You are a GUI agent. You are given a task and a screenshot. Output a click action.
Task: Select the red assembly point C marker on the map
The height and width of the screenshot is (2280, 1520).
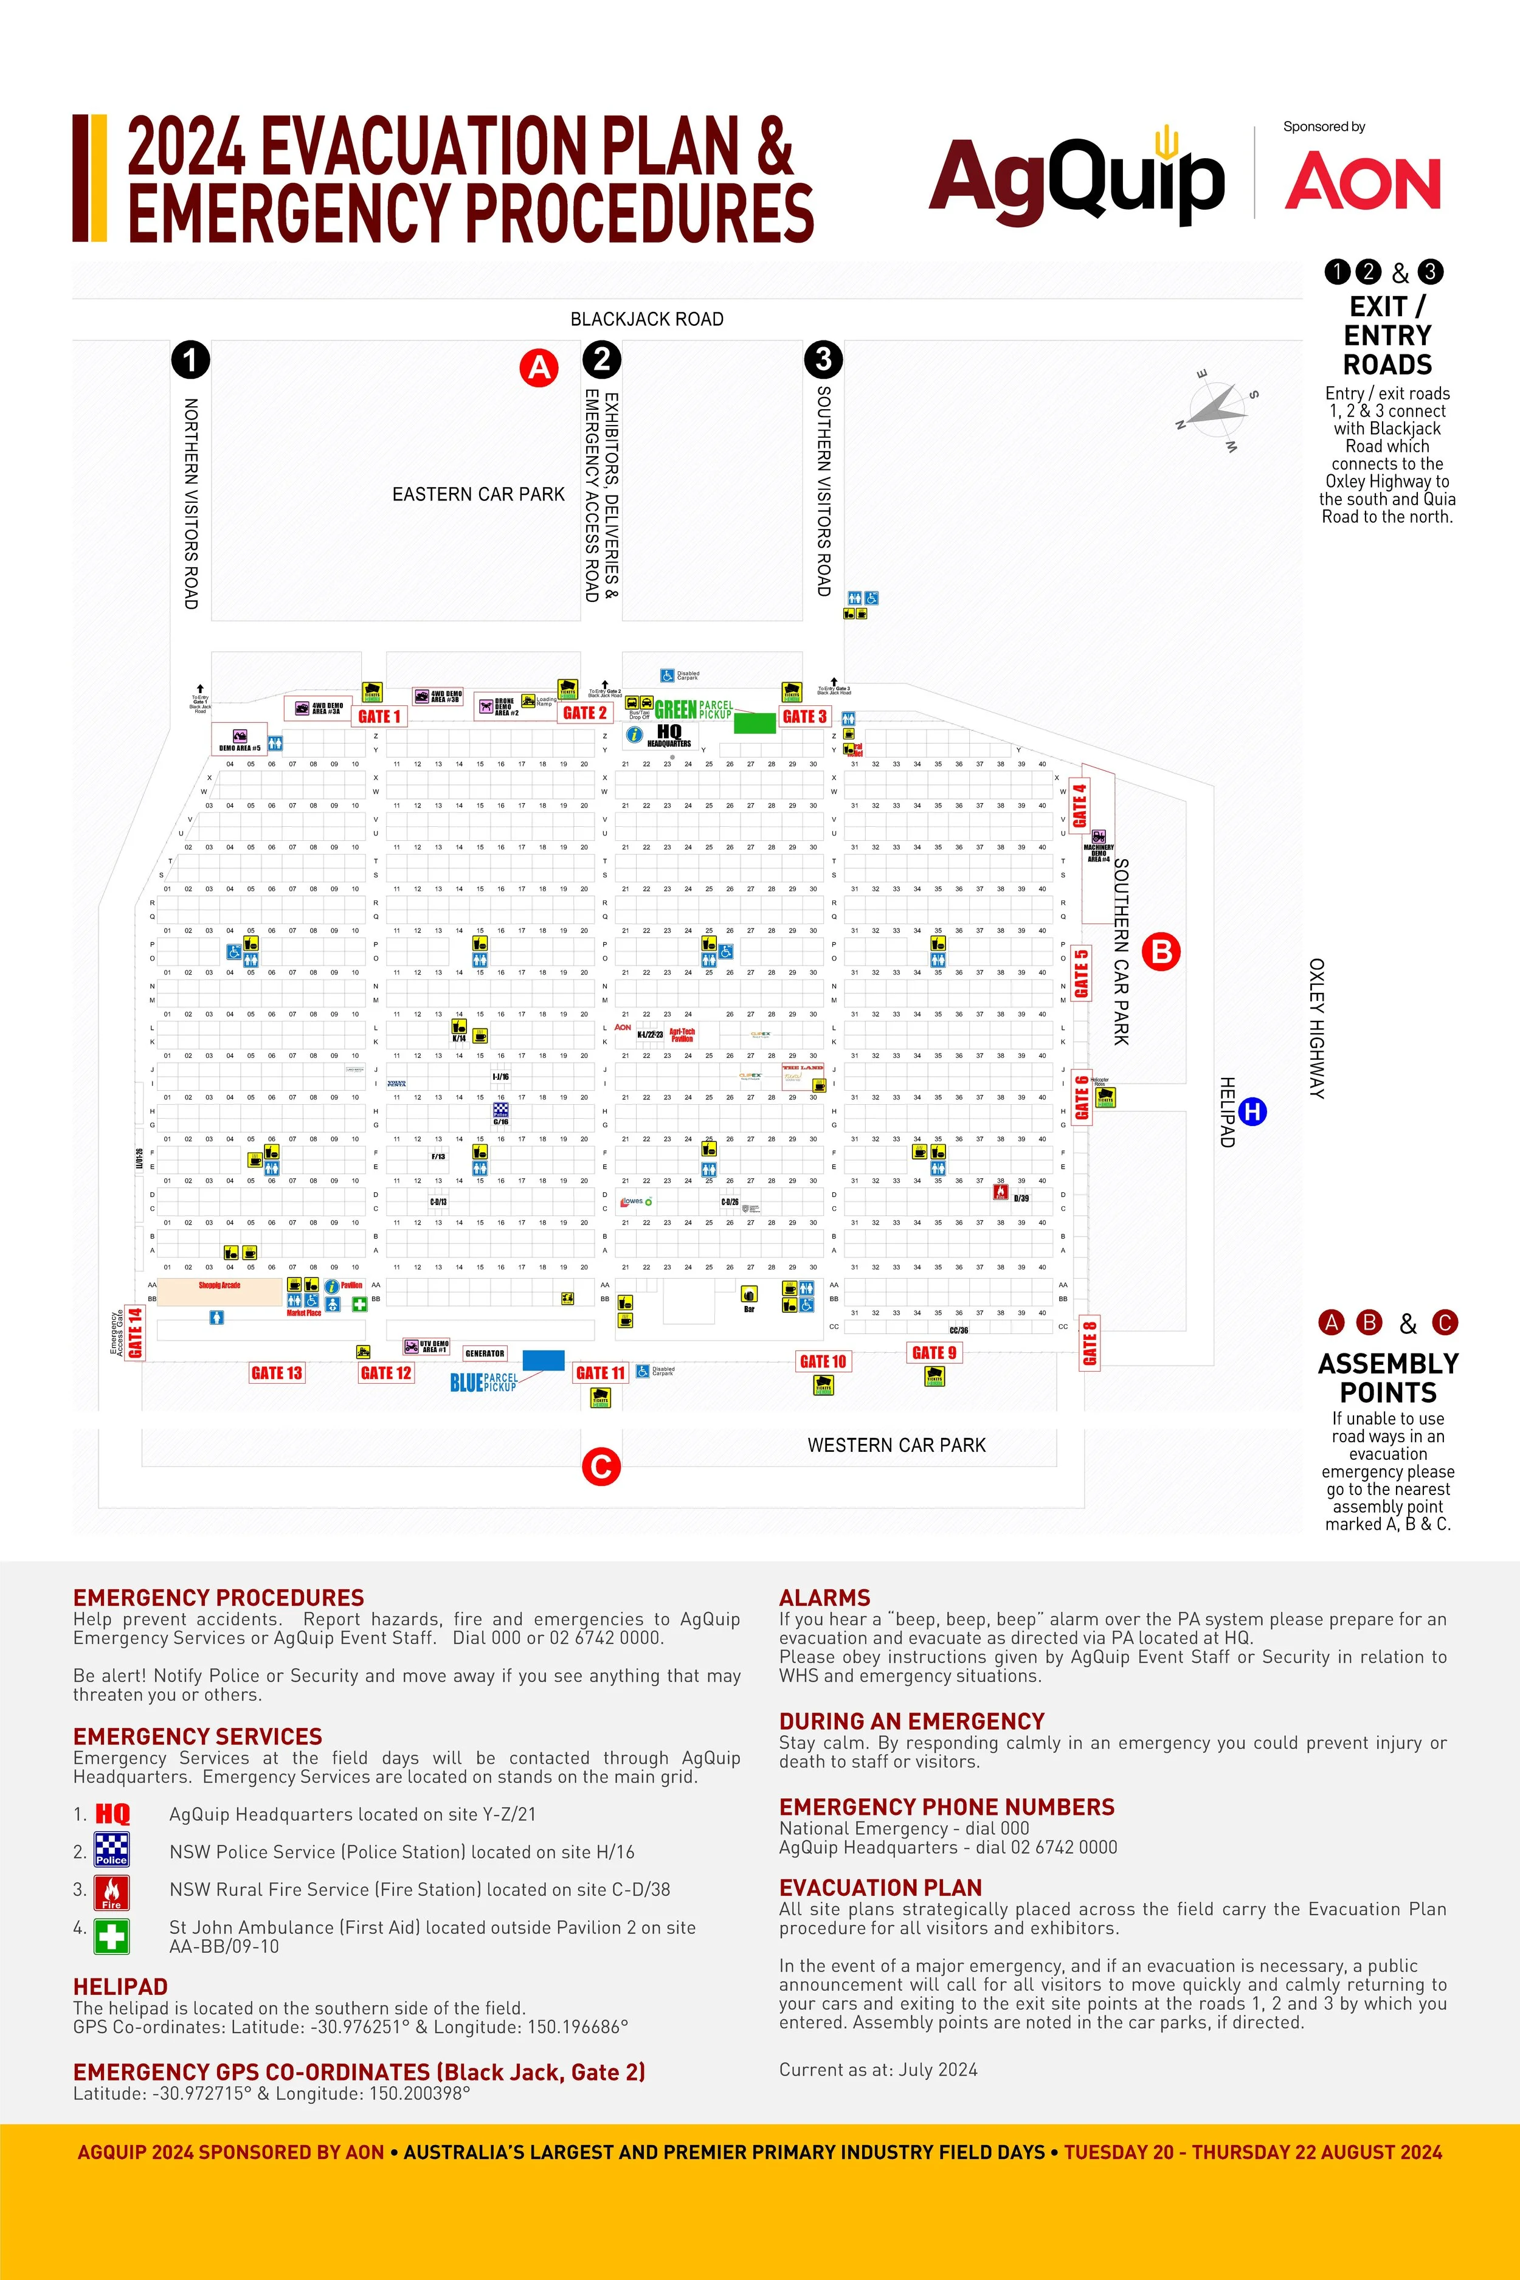601,1466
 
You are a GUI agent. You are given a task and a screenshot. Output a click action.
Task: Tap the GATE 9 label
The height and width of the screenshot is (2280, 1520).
933,1352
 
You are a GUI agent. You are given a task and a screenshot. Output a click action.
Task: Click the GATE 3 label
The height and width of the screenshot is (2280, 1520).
804,716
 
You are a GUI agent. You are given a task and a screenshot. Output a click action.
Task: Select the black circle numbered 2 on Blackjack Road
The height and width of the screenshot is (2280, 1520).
602,360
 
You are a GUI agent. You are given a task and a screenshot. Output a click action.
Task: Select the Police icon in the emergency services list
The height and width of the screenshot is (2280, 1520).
111,1850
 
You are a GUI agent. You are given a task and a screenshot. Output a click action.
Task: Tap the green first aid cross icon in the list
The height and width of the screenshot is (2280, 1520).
111,1936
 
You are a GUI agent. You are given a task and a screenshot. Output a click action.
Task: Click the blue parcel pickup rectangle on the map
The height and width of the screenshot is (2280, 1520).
543,1360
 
